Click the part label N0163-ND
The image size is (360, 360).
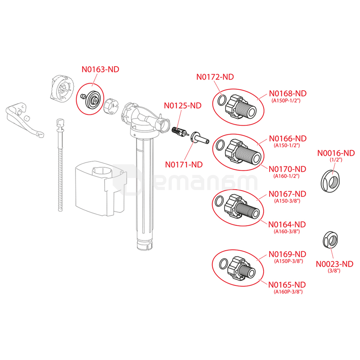coord(100,69)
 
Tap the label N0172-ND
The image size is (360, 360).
coord(215,77)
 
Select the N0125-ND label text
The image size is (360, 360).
coord(183,106)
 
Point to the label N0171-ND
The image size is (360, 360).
coord(184,164)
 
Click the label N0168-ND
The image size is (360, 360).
coord(288,93)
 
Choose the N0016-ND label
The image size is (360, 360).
coord(336,153)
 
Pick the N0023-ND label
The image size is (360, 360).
coord(334,264)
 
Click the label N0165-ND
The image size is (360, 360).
coord(287,284)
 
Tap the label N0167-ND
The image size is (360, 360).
coord(288,194)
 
